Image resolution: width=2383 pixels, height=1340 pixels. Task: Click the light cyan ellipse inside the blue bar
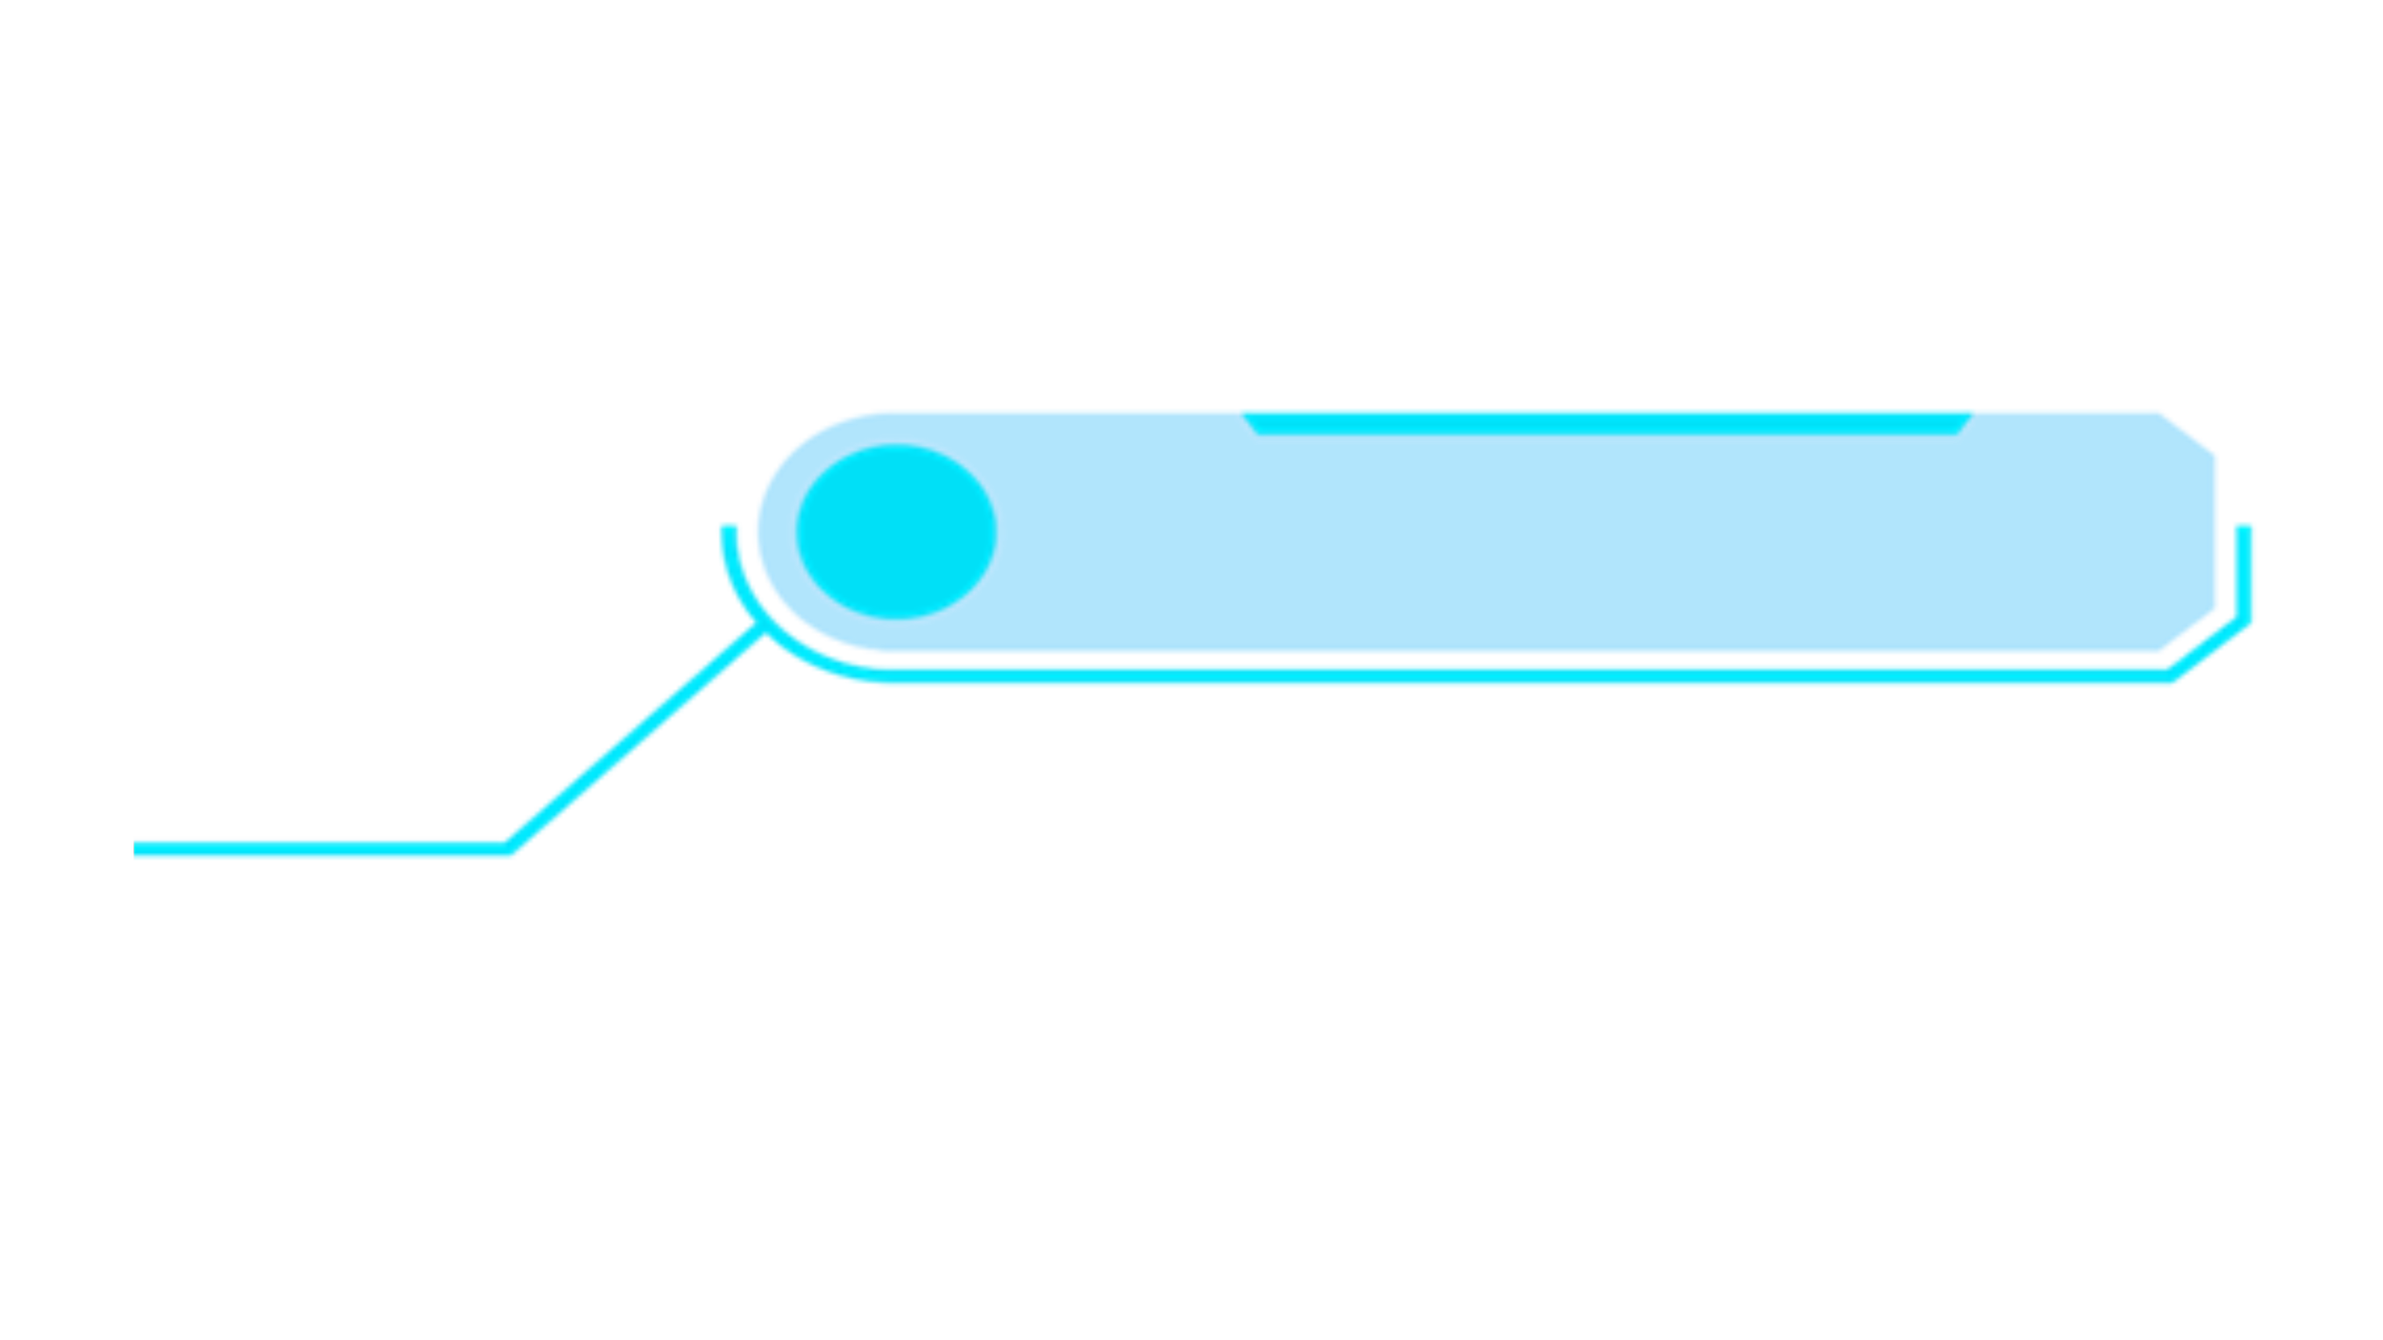click(x=896, y=532)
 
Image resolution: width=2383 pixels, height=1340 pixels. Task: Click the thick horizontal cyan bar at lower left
click(x=324, y=860)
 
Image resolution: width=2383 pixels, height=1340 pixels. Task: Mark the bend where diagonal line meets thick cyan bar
click(x=511, y=844)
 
